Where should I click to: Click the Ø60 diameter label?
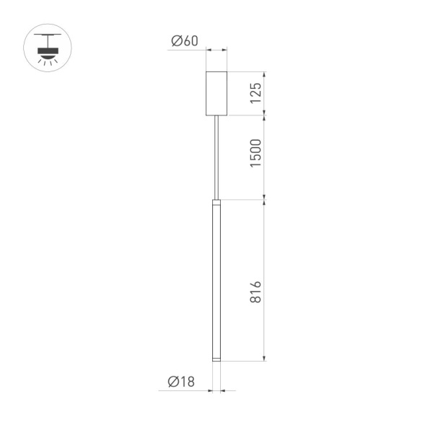184,41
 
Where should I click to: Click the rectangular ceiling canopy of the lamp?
216,92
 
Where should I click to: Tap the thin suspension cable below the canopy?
216,155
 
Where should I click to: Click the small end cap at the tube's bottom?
216,358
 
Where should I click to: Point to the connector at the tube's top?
216,201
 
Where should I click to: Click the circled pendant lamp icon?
49,49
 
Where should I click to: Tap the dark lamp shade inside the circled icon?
49,50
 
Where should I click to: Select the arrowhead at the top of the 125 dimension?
266,74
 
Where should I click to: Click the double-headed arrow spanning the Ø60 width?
216,50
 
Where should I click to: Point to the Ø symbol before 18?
172,382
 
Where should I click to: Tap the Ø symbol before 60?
175,41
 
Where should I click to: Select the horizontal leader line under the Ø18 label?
184,391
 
